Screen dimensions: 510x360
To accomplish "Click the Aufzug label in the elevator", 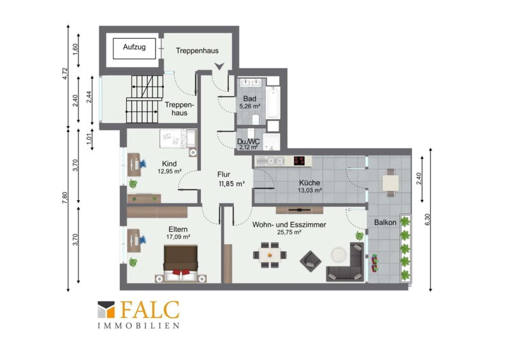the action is pyautogui.click(x=134, y=47).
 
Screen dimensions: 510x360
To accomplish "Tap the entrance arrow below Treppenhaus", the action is pyautogui.click(x=219, y=66).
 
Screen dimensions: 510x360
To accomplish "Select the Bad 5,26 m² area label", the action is pyautogui.click(x=250, y=106).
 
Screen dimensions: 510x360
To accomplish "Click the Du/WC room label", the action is pyautogui.click(x=249, y=141).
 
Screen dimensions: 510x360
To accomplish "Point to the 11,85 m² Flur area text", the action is pyautogui.click(x=232, y=184).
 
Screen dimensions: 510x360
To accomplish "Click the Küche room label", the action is pyautogui.click(x=309, y=183).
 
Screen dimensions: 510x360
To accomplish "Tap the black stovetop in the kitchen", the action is pyautogui.click(x=299, y=161).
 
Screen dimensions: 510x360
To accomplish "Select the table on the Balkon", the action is pyautogui.click(x=391, y=182).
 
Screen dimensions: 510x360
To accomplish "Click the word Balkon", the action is pyautogui.click(x=385, y=222).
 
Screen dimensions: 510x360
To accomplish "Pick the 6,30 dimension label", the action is pyautogui.click(x=427, y=219).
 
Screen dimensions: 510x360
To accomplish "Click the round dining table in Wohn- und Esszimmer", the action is pyautogui.click(x=270, y=255).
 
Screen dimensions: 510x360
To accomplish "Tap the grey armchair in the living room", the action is pyautogui.click(x=310, y=261).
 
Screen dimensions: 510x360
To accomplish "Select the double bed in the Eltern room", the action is pyautogui.click(x=180, y=263).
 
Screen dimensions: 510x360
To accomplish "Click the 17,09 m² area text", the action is pyautogui.click(x=178, y=237).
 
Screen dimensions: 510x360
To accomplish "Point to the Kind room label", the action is pyautogui.click(x=169, y=164).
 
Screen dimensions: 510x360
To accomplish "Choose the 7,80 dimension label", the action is pyautogui.click(x=65, y=198).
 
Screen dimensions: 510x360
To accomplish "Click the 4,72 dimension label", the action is pyautogui.click(x=65, y=73).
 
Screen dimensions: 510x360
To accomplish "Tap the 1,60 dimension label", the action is pyautogui.click(x=75, y=50).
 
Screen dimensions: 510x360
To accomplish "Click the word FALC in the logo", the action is pyautogui.click(x=150, y=310).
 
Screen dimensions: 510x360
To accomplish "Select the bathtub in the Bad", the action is pyautogui.click(x=273, y=102).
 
